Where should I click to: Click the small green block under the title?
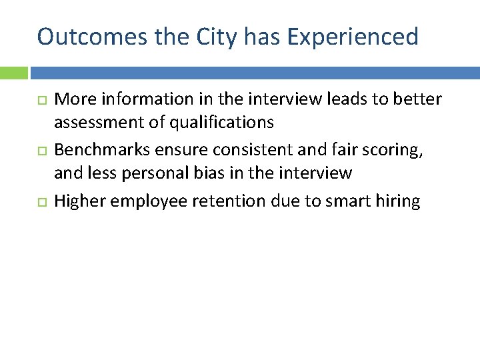(13, 73)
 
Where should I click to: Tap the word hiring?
(399, 201)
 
